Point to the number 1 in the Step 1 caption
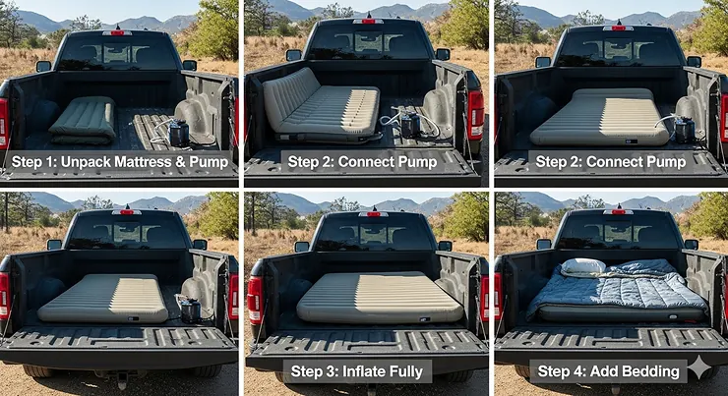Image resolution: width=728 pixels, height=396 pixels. coord(56,161)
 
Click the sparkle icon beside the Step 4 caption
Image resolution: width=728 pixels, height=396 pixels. coord(699,368)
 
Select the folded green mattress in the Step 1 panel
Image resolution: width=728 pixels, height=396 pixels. coord(83,119)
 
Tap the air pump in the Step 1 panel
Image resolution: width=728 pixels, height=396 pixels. coord(178,131)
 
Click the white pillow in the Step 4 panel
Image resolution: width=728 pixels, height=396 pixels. coord(582,266)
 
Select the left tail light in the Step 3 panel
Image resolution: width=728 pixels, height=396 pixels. coord(255,297)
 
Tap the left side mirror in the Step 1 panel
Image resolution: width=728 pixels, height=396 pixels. coord(43,66)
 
